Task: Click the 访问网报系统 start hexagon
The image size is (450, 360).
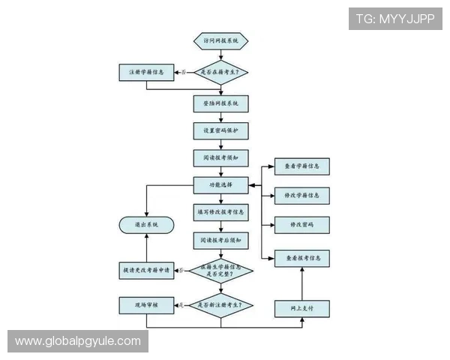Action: [x=220, y=40]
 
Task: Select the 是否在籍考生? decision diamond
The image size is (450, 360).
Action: [x=220, y=72]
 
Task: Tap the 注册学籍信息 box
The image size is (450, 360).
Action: [x=147, y=72]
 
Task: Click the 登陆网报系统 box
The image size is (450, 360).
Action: [x=220, y=103]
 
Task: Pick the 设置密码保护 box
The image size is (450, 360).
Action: [x=220, y=130]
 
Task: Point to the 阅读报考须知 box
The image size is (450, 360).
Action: [x=220, y=158]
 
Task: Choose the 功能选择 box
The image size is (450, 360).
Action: [x=220, y=184]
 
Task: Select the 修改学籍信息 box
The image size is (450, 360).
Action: [x=302, y=196]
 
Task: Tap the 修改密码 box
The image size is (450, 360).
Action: [x=302, y=225]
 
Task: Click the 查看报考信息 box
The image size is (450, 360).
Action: [x=302, y=258]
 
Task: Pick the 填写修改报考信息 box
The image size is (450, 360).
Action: [x=220, y=211]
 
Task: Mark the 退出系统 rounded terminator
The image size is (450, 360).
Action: [x=145, y=224]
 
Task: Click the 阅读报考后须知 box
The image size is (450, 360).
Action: [x=220, y=240]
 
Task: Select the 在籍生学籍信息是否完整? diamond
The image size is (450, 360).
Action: [x=220, y=271]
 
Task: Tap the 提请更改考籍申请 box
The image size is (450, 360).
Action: [x=147, y=271]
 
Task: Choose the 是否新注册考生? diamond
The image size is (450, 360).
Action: [x=220, y=306]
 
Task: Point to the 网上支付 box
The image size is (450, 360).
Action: [x=302, y=307]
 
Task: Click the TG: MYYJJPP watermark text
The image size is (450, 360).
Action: [x=395, y=19]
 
